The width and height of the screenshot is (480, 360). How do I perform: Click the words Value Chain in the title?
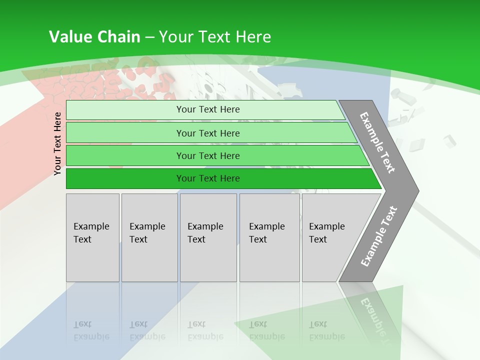click(94, 36)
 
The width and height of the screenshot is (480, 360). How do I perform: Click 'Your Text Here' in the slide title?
click(215, 36)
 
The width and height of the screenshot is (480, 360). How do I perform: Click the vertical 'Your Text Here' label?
click(57, 143)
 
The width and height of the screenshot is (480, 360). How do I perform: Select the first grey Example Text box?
click(92, 237)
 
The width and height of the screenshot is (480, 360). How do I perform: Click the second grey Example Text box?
click(149, 237)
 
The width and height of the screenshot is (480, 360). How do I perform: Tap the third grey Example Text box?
click(208, 237)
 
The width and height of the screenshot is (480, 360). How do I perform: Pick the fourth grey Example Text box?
click(269, 237)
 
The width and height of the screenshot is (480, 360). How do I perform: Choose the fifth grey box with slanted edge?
click(330, 237)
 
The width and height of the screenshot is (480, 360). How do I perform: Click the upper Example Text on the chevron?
click(377, 142)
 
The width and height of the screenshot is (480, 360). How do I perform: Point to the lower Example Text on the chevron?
click(379, 236)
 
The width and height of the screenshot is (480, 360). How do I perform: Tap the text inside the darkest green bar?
click(208, 178)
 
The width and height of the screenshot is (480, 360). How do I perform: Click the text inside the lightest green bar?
click(208, 109)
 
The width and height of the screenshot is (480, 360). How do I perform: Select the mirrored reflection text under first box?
click(91, 330)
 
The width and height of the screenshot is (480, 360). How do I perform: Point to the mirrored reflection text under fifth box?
click(326, 330)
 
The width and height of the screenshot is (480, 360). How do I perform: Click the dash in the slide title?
click(149, 37)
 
